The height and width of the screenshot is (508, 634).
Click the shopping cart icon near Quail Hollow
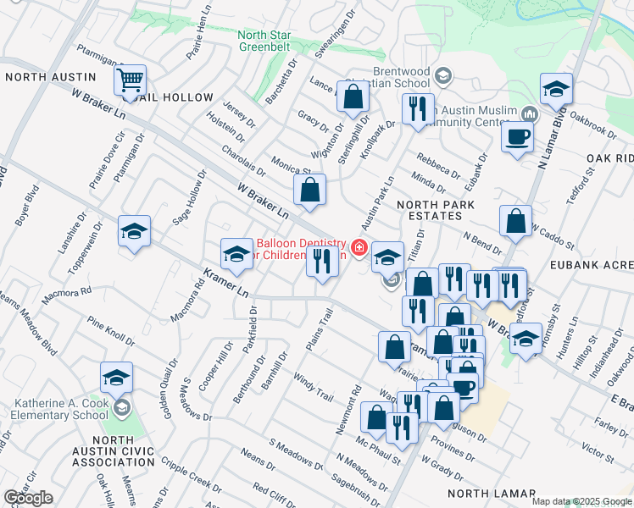pos(130,80)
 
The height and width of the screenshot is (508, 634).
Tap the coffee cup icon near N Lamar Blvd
pos(517,136)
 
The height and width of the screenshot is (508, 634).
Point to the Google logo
pos(28,498)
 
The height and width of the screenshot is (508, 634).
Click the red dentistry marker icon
pos(359,247)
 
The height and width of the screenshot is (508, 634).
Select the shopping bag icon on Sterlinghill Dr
pos(352,97)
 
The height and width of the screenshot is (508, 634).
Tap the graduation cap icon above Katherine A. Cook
pos(117,377)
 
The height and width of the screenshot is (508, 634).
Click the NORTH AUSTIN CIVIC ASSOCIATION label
pos(113,451)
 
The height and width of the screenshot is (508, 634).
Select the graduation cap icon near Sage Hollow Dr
pos(134,231)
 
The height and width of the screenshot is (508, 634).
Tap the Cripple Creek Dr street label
pos(190,471)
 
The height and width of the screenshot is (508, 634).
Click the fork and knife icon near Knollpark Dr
pos(417,108)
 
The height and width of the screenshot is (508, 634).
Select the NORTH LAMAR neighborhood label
pos(492,494)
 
